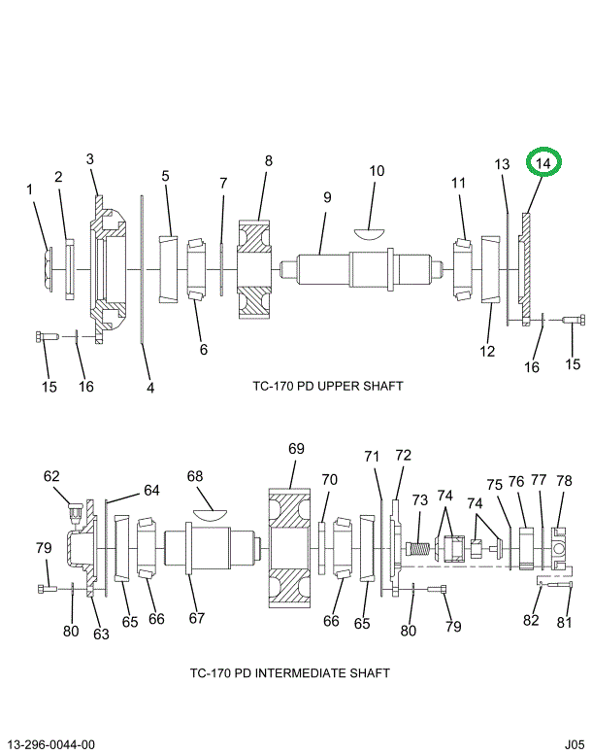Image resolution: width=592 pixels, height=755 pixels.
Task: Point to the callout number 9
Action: coord(327,197)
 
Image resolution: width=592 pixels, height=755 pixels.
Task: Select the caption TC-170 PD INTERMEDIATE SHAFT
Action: coord(289,672)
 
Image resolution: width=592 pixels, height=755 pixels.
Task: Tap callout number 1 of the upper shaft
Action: coord(30,189)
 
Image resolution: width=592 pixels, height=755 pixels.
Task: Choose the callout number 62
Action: coord(51,476)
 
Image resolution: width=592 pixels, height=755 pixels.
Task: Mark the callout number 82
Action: coord(531,620)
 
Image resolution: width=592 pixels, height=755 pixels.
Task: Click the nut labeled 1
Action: coord(49,268)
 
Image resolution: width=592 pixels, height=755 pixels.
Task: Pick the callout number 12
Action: coord(487,351)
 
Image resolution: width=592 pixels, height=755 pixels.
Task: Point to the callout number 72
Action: coord(403,455)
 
